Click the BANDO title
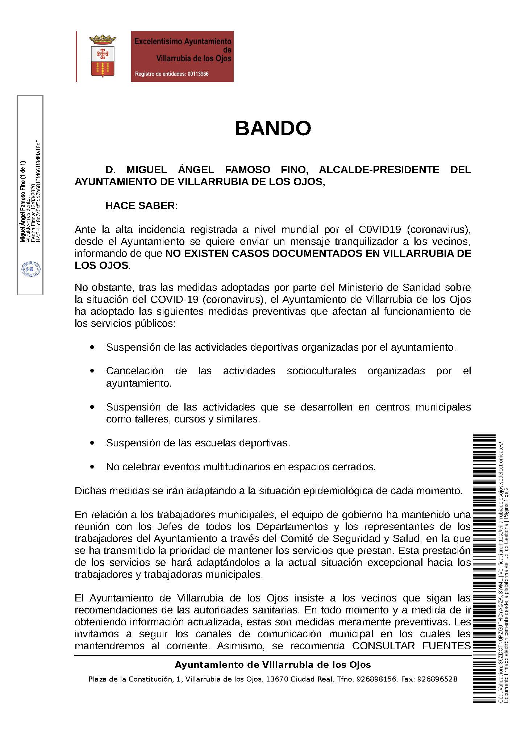coord(273,128)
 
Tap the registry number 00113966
coord(198,74)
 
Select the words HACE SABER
coord(140,206)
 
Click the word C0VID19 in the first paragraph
coord(380,230)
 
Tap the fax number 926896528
coord(437,679)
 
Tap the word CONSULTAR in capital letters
coord(384,646)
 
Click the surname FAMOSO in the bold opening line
coord(247,170)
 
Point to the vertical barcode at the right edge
coord(483,569)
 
